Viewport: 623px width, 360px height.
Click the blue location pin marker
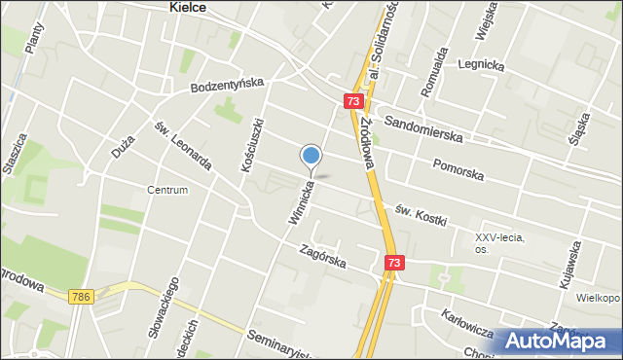[311, 156]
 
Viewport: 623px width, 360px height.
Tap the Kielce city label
[182, 7]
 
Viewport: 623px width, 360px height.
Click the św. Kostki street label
[420, 212]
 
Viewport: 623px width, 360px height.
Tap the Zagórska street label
[323, 256]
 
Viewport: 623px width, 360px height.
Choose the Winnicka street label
[302, 200]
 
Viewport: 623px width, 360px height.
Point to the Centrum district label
[167, 190]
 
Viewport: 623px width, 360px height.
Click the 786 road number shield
[81, 297]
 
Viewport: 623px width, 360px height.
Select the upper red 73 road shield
[354, 101]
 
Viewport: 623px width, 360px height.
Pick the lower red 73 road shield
[394, 263]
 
